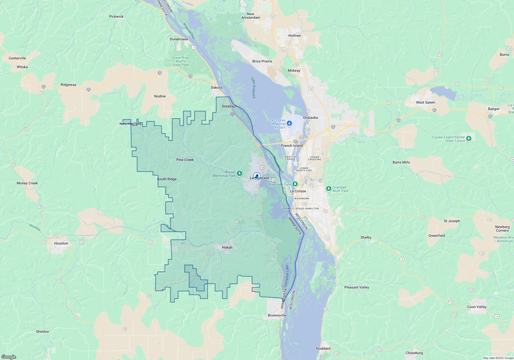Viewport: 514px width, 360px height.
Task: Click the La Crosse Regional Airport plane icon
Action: coord(289,123)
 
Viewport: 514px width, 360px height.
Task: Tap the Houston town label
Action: coord(61,243)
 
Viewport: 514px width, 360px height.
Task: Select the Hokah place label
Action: coord(227,247)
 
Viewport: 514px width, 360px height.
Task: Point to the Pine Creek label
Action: coord(185,160)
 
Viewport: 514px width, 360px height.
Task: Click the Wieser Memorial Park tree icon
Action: coord(240,173)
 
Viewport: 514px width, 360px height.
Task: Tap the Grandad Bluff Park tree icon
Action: coord(328,188)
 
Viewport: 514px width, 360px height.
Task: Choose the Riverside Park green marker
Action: coord(295,184)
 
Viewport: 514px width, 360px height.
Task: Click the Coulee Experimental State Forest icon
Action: coord(469,139)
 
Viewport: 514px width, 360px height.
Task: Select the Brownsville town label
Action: coord(277,315)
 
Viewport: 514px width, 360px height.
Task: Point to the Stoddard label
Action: coord(323,348)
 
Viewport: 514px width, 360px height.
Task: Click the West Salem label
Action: coord(426,102)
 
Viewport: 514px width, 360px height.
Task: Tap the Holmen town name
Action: coord(295,35)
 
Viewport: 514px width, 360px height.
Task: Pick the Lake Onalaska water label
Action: coord(253,87)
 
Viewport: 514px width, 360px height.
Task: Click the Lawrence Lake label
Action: coord(286,276)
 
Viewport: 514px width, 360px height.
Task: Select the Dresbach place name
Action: coord(230,106)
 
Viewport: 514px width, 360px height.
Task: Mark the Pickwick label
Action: coord(116,16)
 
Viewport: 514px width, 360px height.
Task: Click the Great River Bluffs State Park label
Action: coord(181,61)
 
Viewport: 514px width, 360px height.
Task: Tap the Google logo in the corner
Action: coord(9,357)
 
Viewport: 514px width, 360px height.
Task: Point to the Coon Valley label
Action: coord(477,307)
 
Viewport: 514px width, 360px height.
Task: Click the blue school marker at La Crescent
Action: coord(257,176)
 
